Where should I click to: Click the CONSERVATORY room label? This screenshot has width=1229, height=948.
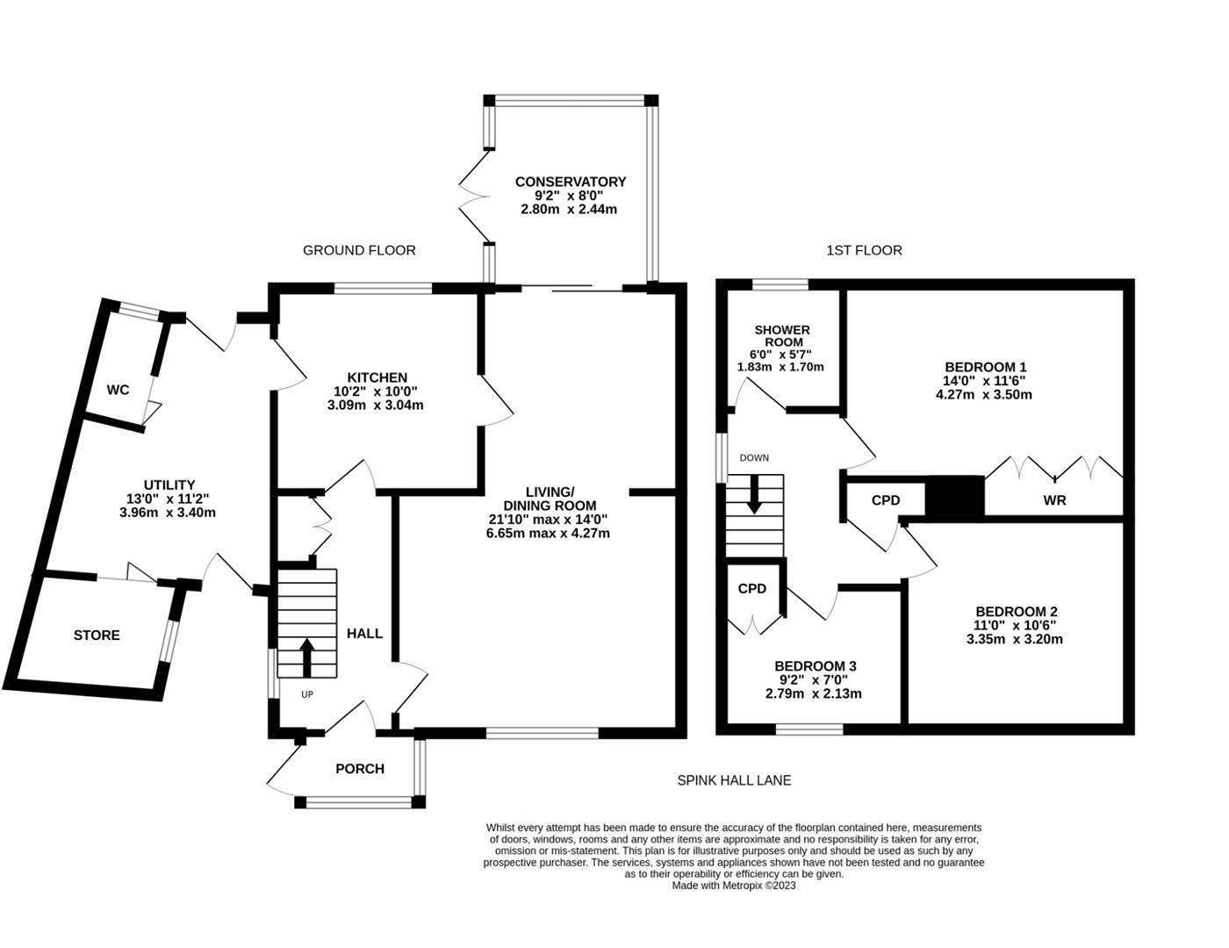571,182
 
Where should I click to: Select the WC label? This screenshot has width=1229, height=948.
119,390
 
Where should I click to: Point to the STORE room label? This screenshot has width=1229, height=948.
97,635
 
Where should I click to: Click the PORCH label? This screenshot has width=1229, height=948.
360,769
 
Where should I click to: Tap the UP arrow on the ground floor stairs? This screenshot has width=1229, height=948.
307,657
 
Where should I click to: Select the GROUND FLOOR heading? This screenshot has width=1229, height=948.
359,250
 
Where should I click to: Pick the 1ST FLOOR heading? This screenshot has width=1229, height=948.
864,250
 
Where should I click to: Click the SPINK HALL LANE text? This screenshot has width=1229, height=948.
734,779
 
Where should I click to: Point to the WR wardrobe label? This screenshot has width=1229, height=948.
1054,500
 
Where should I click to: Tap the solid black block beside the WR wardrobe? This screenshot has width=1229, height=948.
955,497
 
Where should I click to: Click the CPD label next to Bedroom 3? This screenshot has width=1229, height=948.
752,588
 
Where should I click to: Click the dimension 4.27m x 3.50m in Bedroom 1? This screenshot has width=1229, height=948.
984,394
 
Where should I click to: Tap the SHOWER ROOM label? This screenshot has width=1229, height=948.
781,335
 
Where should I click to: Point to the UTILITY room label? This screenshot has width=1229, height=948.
169,485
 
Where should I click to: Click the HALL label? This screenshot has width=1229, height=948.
364,633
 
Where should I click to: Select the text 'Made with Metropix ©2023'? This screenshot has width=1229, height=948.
734,886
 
